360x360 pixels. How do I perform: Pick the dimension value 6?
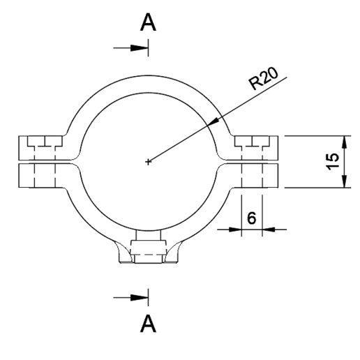[x=251, y=217]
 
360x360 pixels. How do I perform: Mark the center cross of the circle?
[x=148, y=162]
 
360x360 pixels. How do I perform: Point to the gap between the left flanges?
[x=42, y=162]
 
